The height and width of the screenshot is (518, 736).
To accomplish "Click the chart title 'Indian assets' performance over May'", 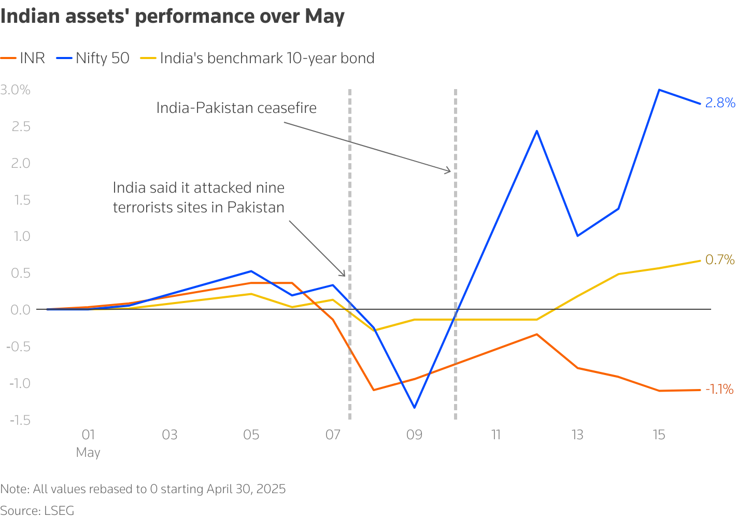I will tap(173, 17).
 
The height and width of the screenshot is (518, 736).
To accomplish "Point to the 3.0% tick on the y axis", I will tap(16, 90).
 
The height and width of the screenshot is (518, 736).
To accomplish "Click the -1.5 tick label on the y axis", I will tap(20, 420).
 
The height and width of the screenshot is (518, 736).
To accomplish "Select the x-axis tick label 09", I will tap(414, 435).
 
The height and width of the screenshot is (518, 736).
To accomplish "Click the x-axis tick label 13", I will tap(577, 435).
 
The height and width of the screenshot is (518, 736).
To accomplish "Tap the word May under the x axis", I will tap(88, 452).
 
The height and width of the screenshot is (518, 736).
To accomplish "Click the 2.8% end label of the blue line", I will tap(720, 103).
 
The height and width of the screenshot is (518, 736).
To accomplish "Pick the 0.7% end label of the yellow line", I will tap(720, 260).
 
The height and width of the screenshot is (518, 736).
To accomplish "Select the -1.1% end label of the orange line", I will tap(719, 389).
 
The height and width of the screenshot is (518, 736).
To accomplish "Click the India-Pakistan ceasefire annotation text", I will tap(236, 108).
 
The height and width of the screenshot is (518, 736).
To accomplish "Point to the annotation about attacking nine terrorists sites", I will tap(199, 197).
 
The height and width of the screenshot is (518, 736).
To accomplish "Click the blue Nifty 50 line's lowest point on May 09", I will tap(414, 408).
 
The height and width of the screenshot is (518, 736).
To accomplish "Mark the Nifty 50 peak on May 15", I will tap(659, 90).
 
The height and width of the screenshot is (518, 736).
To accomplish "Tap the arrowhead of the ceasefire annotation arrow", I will tap(449, 171).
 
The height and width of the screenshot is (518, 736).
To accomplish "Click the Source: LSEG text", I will tap(37, 510).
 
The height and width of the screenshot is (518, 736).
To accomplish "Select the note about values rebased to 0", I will tap(143, 489).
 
